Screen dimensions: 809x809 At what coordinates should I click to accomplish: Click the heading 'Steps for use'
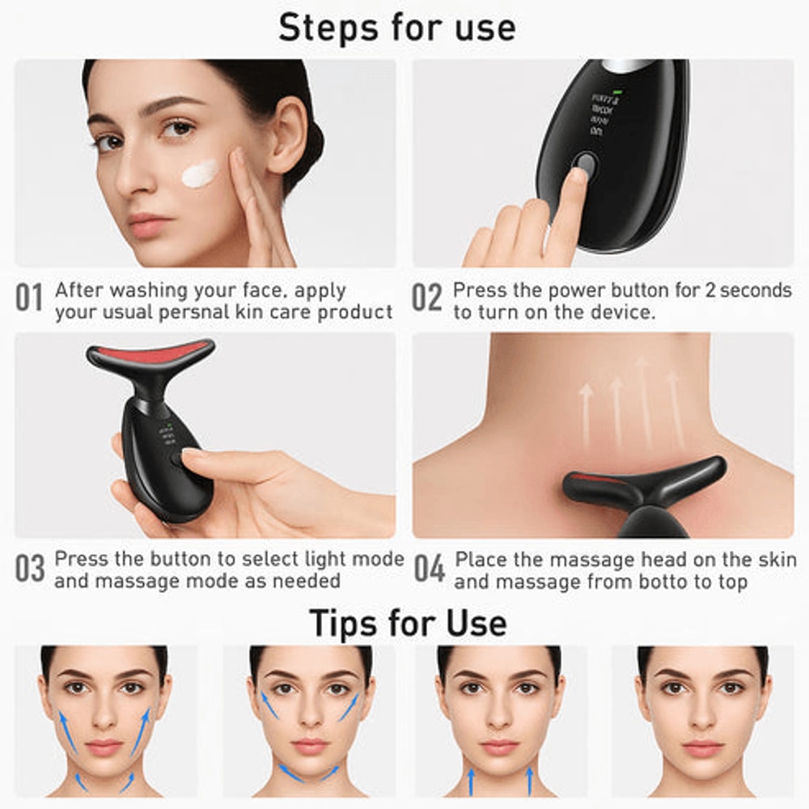pos(396,28)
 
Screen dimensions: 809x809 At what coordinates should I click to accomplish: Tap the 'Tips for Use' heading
pos(408,623)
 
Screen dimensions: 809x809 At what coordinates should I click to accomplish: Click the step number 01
pos(29,299)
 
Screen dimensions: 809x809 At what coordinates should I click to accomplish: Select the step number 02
pos(427,299)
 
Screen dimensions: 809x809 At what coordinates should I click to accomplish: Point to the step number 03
pos(29,568)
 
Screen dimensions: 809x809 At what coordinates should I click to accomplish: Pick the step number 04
pos(430,568)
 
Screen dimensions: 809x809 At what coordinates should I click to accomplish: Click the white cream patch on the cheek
pos(199,172)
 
